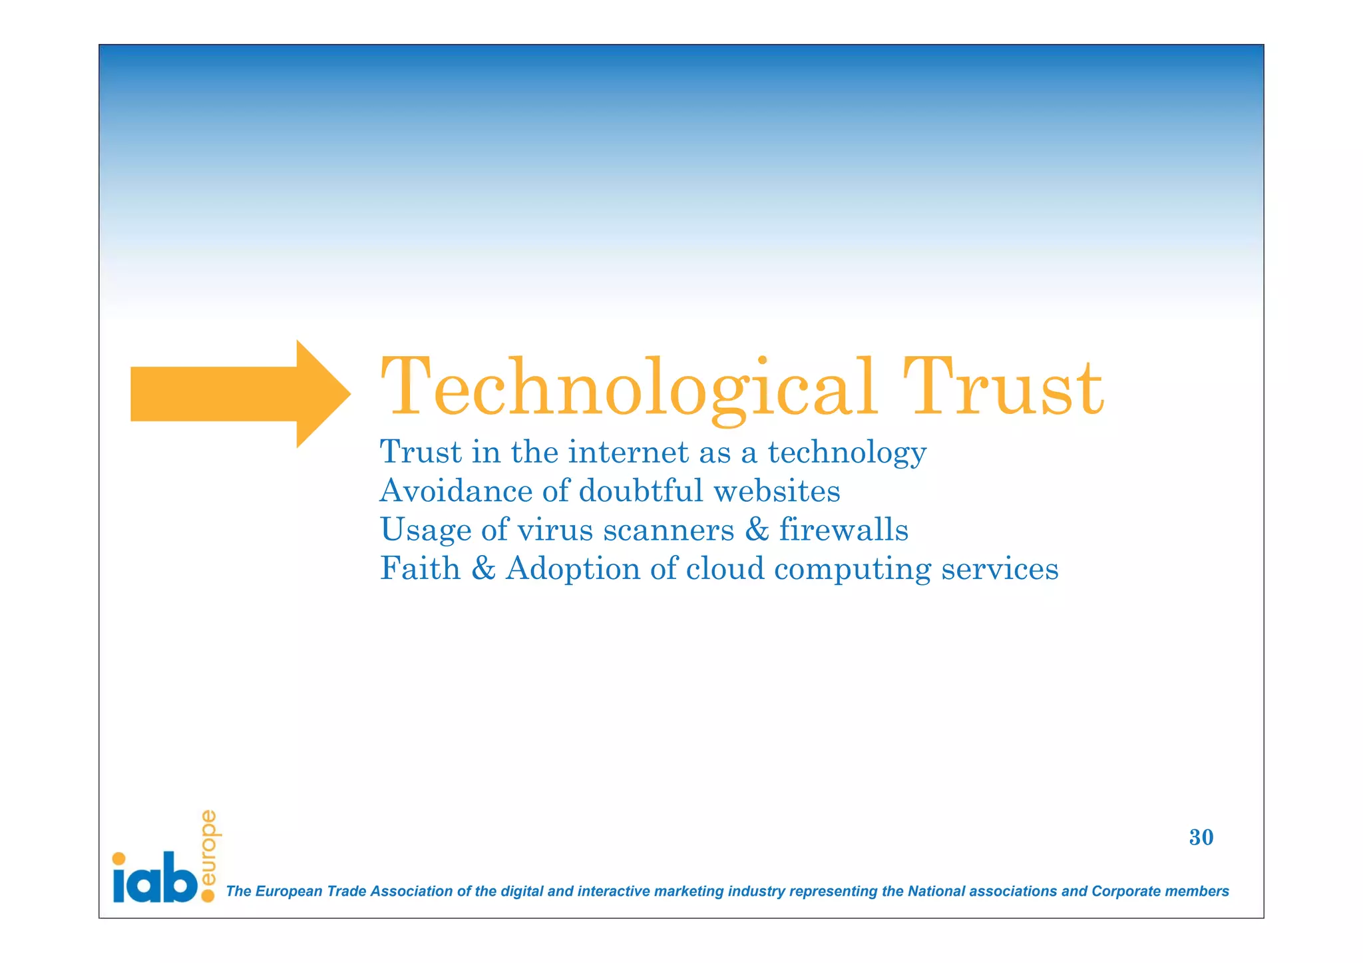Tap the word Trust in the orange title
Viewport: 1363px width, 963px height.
[1003, 388]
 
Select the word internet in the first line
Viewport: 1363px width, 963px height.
[628, 453]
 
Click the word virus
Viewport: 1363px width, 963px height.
[554, 530]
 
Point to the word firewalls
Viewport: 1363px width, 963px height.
[843, 530]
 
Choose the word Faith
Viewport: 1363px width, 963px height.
[420, 568]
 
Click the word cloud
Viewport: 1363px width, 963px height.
[725, 568]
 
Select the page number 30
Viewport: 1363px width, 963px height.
[1201, 837]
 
